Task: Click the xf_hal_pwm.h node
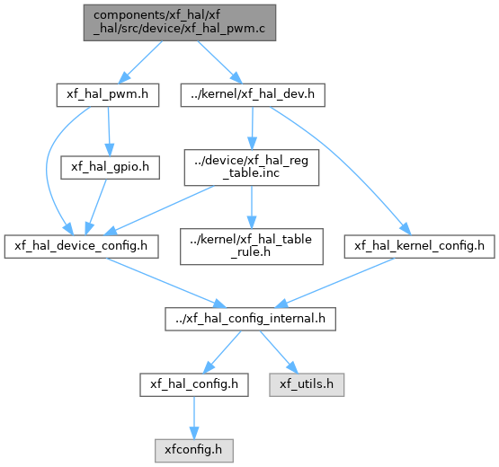point(108,95)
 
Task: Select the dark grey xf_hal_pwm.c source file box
point(180,22)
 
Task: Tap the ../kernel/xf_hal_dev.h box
point(253,95)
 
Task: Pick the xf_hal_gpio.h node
point(110,167)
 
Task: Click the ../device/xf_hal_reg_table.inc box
point(252,168)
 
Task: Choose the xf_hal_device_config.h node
point(81,246)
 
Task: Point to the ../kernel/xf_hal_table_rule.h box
point(252,246)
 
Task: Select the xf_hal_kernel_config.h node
point(420,246)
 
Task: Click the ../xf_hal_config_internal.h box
point(250,319)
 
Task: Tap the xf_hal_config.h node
point(194,384)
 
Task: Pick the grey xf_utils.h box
point(307,384)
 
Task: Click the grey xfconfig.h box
point(194,451)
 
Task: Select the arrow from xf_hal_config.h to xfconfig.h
point(194,418)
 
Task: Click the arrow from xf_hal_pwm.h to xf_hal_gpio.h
point(109,131)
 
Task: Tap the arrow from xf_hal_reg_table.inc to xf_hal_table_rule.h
point(252,207)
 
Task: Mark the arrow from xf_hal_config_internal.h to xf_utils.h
point(279,352)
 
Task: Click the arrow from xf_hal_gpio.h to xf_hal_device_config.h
point(96,207)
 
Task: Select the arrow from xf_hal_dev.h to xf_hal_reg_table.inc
point(253,128)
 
